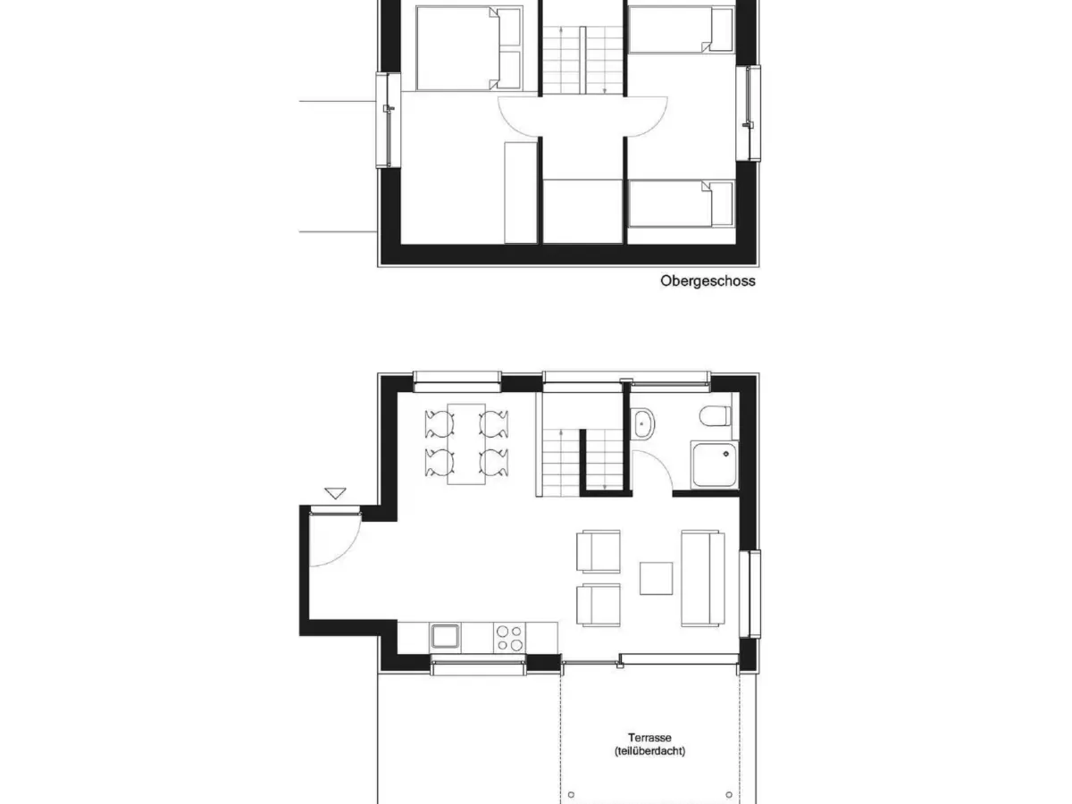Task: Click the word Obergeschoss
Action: pyautogui.click(x=708, y=281)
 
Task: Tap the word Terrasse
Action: pyautogui.click(x=649, y=738)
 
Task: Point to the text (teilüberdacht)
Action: pyautogui.click(x=649, y=752)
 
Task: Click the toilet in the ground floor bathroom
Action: pyautogui.click(x=716, y=415)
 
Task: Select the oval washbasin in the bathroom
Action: pyautogui.click(x=643, y=423)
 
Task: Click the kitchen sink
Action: pyautogui.click(x=445, y=636)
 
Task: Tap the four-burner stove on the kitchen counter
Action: pyautogui.click(x=510, y=636)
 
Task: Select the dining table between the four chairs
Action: pyautogui.click(x=465, y=443)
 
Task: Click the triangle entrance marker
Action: pyautogui.click(x=335, y=492)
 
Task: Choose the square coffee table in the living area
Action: pyautogui.click(x=657, y=578)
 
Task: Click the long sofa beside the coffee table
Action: pyautogui.click(x=702, y=578)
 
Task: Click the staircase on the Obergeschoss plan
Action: pyautogui.click(x=582, y=59)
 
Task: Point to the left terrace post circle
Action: pyautogui.click(x=572, y=792)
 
